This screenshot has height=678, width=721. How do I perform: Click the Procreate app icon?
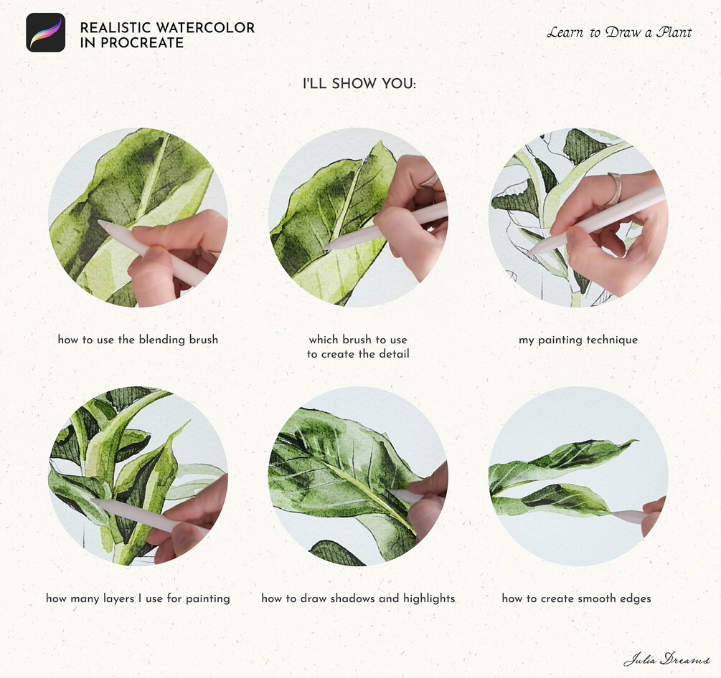click(x=45, y=33)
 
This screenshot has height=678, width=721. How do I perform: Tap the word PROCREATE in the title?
click(x=142, y=43)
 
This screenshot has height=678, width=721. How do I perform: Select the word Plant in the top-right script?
click(x=674, y=32)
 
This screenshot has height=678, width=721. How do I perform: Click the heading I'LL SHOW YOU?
click(x=359, y=84)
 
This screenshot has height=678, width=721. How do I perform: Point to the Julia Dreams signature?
click(x=666, y=659)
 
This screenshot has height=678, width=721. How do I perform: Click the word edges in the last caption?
click(x=636, y=598)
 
